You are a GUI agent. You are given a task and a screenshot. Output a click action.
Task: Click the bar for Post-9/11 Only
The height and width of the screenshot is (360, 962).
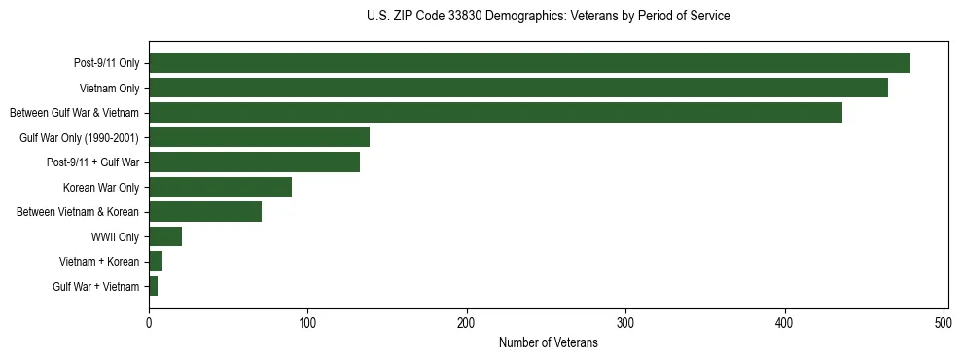pyautogui.click(x=529, y=63)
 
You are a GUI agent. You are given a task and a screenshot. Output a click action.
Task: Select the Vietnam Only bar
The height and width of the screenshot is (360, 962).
pyautogui.click(x=517, y=88)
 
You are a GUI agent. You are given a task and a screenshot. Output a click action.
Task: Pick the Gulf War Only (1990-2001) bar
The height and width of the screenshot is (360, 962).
pyautogui.click(x=259, y=137)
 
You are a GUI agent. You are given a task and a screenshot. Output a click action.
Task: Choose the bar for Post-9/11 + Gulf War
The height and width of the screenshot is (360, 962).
pyautogui.click(x=254, y=162)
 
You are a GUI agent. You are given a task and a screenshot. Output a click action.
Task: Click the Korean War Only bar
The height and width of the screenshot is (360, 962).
pyautogui.click(x=220, y=187)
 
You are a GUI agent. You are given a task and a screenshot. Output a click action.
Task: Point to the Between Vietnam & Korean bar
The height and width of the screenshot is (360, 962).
pyautogui.click(x=205, y=212)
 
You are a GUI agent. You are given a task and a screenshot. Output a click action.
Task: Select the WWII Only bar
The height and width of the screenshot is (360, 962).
pyautogui.click(x=165, y=236)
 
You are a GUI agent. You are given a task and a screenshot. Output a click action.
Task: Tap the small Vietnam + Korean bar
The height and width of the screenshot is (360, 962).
pyautogui.click(x=156, y=262)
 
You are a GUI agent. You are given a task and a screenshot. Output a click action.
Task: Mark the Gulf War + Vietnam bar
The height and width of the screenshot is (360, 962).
pyautogui.click(x=154, y=286)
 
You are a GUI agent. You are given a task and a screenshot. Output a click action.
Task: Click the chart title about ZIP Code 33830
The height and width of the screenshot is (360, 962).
pyautogui.click(x=548, y=17)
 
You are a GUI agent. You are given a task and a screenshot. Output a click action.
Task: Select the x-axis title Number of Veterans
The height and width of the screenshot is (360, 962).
pyautogui.click(x=548, y=343)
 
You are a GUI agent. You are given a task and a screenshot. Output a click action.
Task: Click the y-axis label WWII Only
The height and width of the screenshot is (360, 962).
pyautogui.click(x=115, y=237)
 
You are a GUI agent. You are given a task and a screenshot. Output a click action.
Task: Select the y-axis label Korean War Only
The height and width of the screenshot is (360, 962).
pyautogui.click(x=101, y=188)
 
